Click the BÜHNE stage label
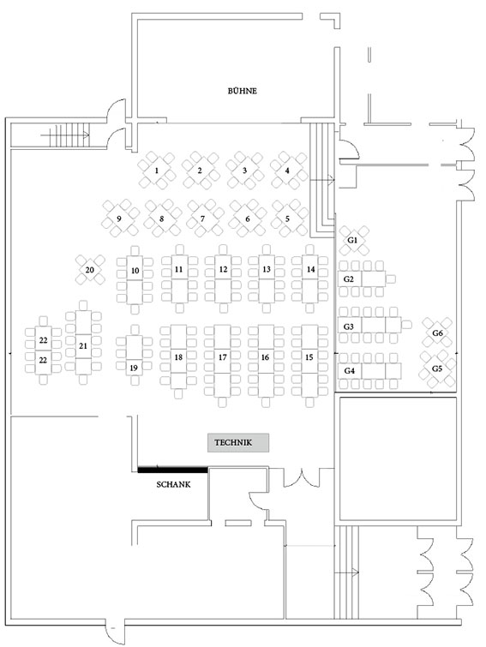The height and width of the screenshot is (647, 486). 243,91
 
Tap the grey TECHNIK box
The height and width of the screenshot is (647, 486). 238,443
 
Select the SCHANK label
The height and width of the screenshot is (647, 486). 173,484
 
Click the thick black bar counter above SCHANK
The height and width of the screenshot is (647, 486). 172,469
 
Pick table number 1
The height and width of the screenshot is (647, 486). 157,170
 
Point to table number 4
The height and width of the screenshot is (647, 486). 287,170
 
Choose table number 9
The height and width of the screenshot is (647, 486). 119,219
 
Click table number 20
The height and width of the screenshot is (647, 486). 90,270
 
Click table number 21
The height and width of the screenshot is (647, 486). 83,343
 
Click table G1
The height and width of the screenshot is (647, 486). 353,240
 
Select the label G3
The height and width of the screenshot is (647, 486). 349,326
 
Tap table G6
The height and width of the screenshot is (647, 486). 437,332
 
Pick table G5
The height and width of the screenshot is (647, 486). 437,368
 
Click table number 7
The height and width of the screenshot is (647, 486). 203,219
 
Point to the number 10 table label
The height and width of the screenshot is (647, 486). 135,271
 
